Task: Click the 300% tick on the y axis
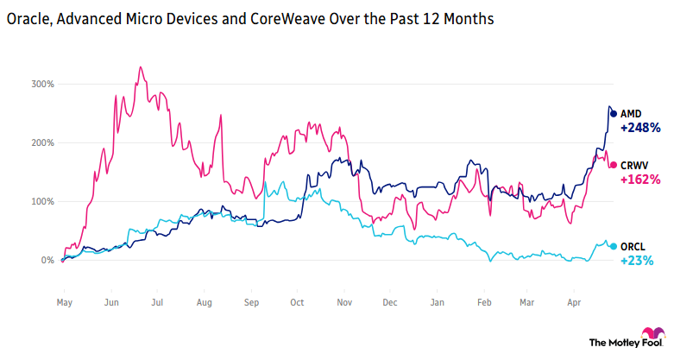pyautogui.click(x=43, y=84)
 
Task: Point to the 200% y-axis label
pyautogui.click(x=43, y=142)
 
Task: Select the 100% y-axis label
pyautogui.click(x=43, y=201)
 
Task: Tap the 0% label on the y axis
pyautogui.click(x=47, y=260)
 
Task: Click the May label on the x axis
pyautogui.click(x=64, y=303)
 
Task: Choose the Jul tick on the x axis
pyautogui.click(x=157, y=303)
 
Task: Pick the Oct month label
pyautogui.click(x=298, y=303)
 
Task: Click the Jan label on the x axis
pyautogui.click(x=438, y=303)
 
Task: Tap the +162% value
pyautogui.click(x=639, y=180)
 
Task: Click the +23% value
pyautogui.click(x=636, y=261)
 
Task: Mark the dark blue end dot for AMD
pyautogui.click(x=614, y=113)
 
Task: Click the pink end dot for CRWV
pyautogui.click(x=614, y=165)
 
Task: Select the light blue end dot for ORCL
pyautogui.click(x=614, y=246)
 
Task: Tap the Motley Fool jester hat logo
pyautogui.click(x=652, y=334)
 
